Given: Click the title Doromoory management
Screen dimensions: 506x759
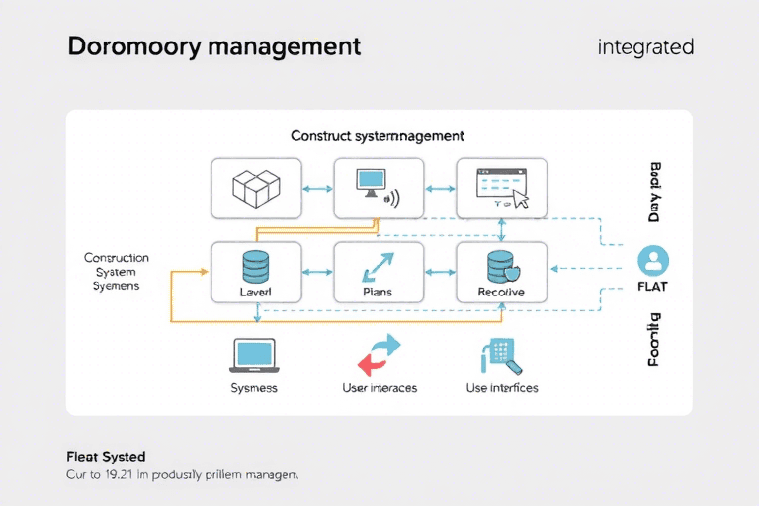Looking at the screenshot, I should click(213, 46).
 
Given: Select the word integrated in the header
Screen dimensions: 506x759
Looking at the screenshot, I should click(645, 46).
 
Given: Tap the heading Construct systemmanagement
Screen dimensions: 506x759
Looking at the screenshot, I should click(378, 136).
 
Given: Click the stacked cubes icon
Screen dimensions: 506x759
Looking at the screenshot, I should click(256, 187).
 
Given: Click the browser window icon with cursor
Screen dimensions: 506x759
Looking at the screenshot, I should click(502, 187).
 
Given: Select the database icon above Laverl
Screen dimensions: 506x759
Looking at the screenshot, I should click(256, 264).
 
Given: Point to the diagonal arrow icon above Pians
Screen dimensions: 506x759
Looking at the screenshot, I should click(379, 265).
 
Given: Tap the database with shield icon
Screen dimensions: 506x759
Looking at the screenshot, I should click(502, 266).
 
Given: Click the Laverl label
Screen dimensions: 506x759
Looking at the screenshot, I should click(256, 293).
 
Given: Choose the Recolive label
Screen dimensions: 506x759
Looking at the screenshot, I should click(501, 293).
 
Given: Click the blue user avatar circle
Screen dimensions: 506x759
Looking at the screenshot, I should click(653, 261).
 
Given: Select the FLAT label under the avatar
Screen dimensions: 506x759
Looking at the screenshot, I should click(653, 289).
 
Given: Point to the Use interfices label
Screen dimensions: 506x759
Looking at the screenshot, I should click(502, 388).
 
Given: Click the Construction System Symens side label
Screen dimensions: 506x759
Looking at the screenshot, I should click(117, 271).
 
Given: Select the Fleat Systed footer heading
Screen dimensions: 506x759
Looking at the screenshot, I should click(106, 457).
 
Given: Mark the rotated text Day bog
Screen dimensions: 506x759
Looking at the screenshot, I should click(653, 193).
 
